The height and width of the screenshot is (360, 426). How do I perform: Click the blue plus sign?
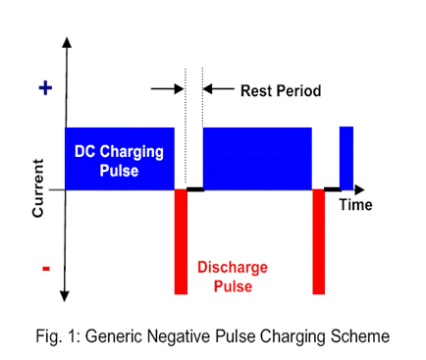[43, 88]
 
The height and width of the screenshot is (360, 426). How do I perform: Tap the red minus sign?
[44, 268]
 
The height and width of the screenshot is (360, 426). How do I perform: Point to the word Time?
[355, 204]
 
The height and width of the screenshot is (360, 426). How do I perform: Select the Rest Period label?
[281, 91]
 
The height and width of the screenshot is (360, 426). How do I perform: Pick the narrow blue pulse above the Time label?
[346, 157]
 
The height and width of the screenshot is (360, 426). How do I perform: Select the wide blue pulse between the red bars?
[257, 157]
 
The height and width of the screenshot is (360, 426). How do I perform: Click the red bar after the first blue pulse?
[181, 241]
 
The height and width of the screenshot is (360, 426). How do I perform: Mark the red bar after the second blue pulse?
[318, 241]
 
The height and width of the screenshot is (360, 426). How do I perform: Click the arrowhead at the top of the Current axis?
[66, 45]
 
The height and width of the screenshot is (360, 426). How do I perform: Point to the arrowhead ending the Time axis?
[368, 189]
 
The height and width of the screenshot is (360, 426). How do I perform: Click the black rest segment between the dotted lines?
[194, 189]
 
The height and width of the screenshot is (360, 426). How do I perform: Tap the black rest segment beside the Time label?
[332, 189]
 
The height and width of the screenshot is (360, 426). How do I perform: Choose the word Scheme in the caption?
[362, 335]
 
